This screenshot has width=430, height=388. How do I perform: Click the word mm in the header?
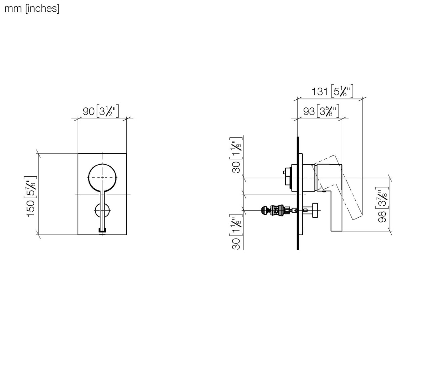(x=13, y=9)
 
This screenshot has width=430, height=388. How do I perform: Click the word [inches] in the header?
(x=42, y=9)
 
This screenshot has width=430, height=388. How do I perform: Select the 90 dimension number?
(x=89, y=112)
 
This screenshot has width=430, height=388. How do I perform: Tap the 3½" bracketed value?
(x=107, y=111)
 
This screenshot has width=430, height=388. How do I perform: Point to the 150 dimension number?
(x=31, y=209)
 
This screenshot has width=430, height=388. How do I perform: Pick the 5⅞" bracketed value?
(x=31, y=187)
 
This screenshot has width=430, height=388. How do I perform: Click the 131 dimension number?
(x=319, y=91)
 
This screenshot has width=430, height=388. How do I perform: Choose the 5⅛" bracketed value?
(x=342, y=91)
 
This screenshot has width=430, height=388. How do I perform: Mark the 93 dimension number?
(x=309, y=112)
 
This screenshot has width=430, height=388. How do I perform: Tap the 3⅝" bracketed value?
(x=328, y=111)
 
